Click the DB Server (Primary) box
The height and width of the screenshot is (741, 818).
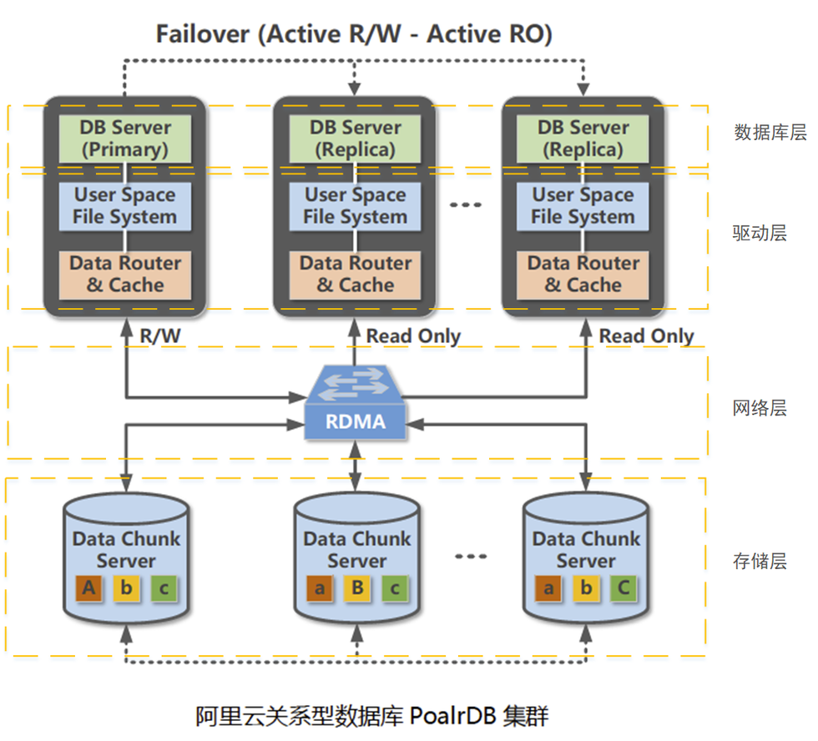pos(125,139)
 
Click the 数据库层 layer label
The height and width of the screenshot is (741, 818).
pos(758,132)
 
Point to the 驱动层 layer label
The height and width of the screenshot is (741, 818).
pos(758,233)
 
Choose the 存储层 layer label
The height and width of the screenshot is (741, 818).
pos(758,560)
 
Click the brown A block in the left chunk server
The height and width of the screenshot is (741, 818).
pos(89,589)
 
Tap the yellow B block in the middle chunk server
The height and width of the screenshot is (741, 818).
pos(357,589)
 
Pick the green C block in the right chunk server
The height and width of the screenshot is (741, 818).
pos(623,589)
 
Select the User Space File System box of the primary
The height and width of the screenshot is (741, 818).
pos(125,206)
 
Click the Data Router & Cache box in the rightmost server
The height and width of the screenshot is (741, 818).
pos(583,275)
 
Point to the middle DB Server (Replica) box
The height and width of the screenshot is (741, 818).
pos(356,139)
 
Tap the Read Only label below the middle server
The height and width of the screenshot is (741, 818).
pos(413,335)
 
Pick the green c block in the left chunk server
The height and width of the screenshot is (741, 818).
pos(164,589)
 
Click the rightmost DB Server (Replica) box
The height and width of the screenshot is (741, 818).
pos(583,139)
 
